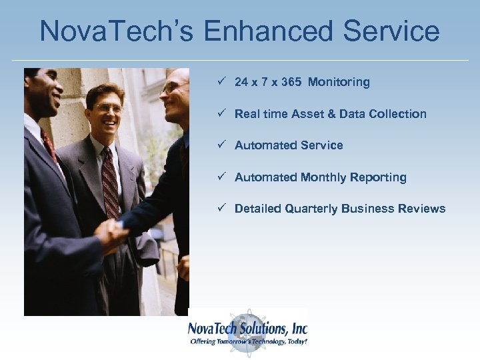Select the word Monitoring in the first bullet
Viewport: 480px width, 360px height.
(x=339, y=82)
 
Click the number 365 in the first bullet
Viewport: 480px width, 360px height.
(x=291, y=82)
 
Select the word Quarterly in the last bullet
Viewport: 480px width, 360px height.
(x=312, y=209)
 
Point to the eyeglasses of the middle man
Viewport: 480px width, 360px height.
(x=108, y=107)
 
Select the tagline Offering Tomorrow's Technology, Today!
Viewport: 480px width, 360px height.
(x=248, y=341)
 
